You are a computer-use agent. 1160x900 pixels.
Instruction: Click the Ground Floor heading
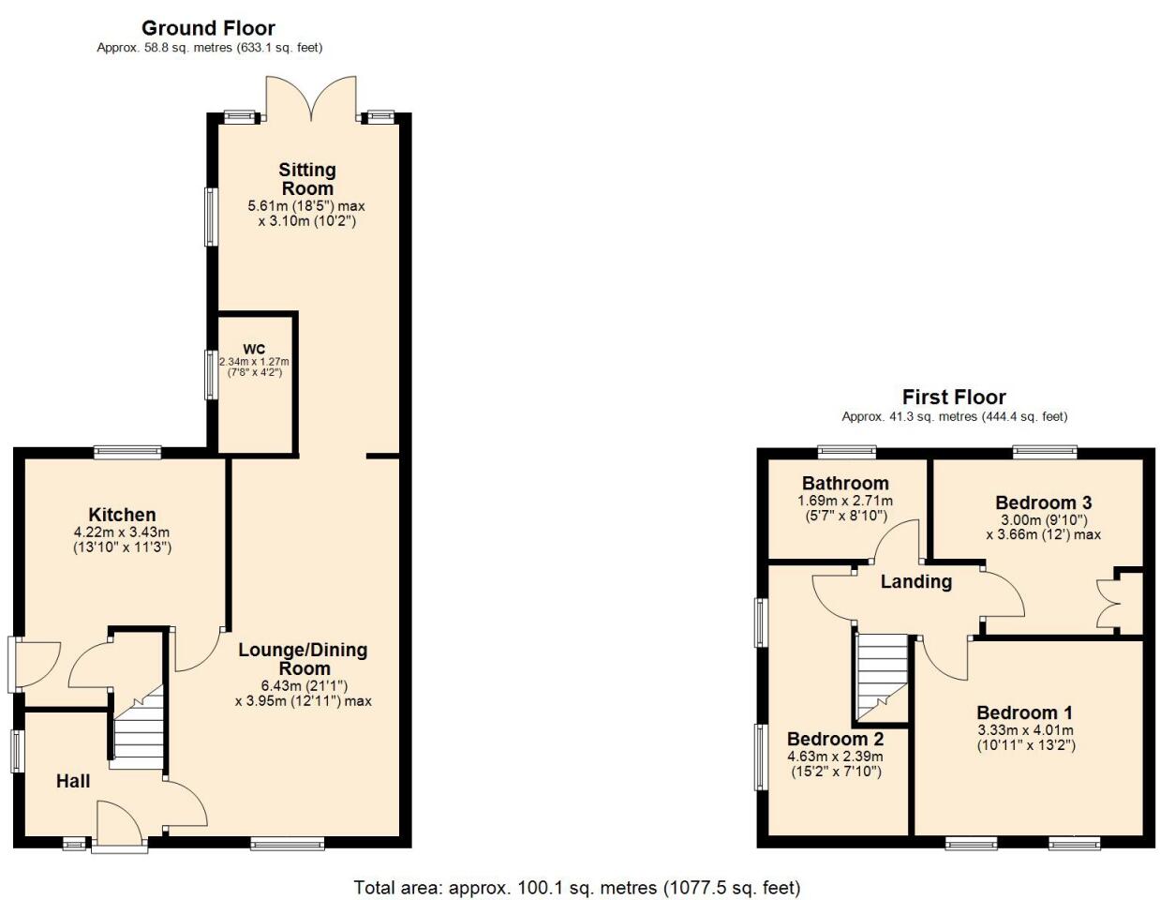coord(208,28)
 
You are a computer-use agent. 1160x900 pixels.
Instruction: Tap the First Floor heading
coord(953,397)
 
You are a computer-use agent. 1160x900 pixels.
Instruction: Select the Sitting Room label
coord(306,178)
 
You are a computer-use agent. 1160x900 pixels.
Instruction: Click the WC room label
coord(254,349)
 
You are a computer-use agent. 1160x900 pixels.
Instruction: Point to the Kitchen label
coord(122,515)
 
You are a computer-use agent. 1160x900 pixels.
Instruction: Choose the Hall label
coord(73,781)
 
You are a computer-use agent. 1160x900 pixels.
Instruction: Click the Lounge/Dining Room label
coord(303,658)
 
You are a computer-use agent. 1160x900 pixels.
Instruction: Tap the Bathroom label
coord(844,483)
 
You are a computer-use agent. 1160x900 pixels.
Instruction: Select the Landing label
coord(915,581)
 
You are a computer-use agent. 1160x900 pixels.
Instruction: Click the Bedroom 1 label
coord(1024,712)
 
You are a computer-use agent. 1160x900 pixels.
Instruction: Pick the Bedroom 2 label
coord(835,739)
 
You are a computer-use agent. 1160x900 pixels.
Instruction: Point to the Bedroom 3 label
coord(1043,502)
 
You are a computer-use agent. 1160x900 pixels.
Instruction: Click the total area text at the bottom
coord(576,887)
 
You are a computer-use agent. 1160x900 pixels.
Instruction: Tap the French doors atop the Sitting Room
coord(311,98)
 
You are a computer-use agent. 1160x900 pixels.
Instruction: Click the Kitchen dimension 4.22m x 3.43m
coord(122,532)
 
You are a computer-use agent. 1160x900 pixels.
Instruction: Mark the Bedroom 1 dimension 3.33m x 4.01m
coord(1025,730)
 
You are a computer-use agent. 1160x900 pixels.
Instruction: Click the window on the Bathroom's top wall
coord(846,452)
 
